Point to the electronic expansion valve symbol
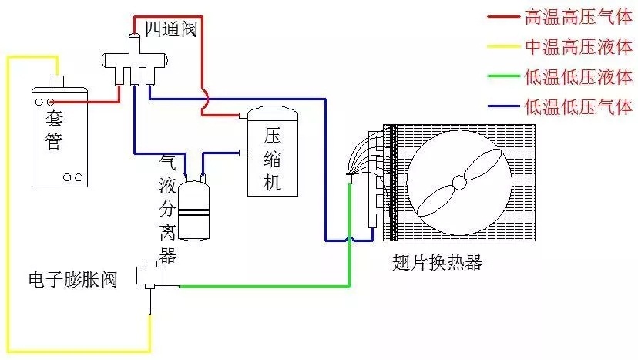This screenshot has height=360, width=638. (148, 276)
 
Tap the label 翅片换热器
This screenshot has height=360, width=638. (437, 263)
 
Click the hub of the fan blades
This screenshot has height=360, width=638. (459, 183)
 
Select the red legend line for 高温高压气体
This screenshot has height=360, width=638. (503, 16)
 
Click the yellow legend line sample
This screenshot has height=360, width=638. (503, 45)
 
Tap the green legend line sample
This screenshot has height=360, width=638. (503, 76)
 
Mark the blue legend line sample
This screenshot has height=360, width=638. (503, 107)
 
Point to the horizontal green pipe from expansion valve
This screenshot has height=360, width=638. (262, 287)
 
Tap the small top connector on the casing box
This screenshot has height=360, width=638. (56, 82)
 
